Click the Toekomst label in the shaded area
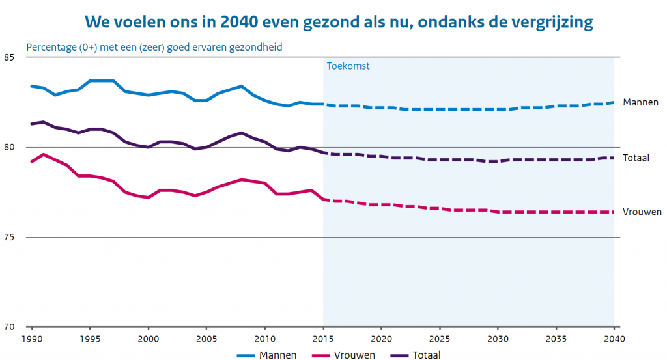pos(348,66)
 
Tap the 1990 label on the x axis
pos(31,340)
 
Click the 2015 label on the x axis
pos(322,340)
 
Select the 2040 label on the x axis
pos(613,340)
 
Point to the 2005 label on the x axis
pos(206,340)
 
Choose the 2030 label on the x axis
pos(497,340)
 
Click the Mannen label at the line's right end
pos(640,102)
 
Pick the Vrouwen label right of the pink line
pos(642,212)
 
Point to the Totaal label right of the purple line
pos(637,158)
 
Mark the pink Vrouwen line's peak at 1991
pos(43,154)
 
